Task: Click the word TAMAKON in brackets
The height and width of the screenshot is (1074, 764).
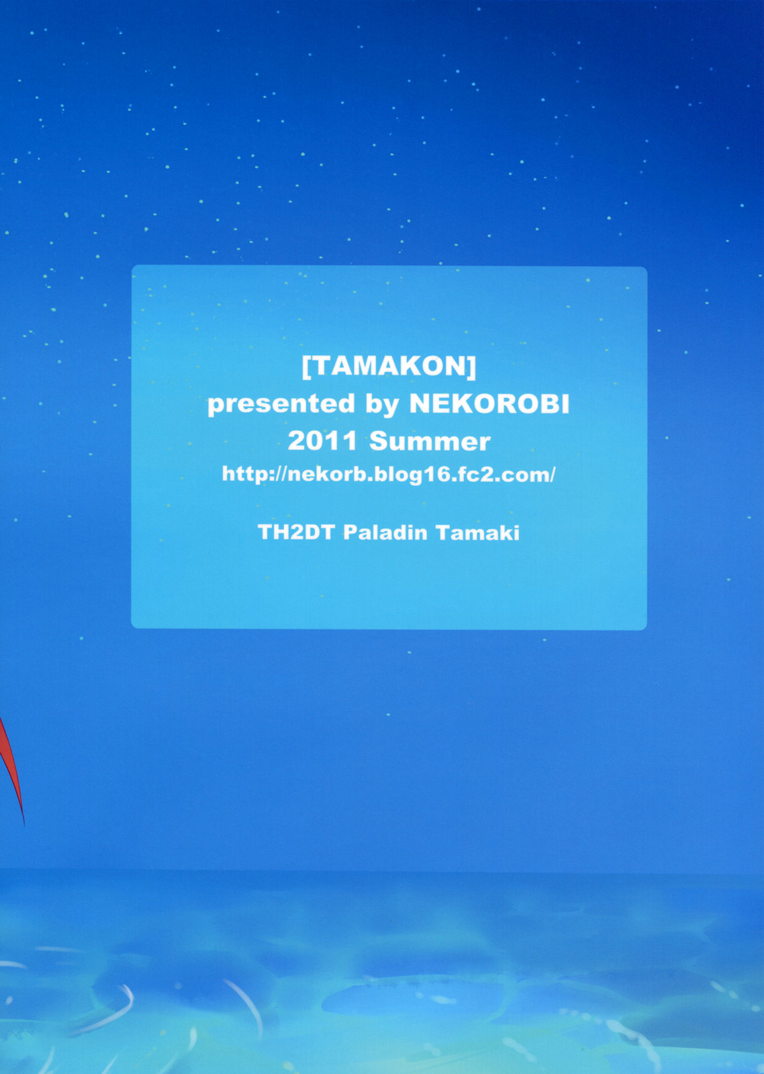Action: point(389,368)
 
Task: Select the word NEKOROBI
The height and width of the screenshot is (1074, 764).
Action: point(489,404)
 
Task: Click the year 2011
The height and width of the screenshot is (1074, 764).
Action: point(322,441)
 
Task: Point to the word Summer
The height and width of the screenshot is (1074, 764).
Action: point(430,441)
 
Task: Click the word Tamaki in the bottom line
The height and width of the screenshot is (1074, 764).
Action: point(478,532)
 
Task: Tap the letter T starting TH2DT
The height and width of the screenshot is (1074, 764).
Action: point(265,532)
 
